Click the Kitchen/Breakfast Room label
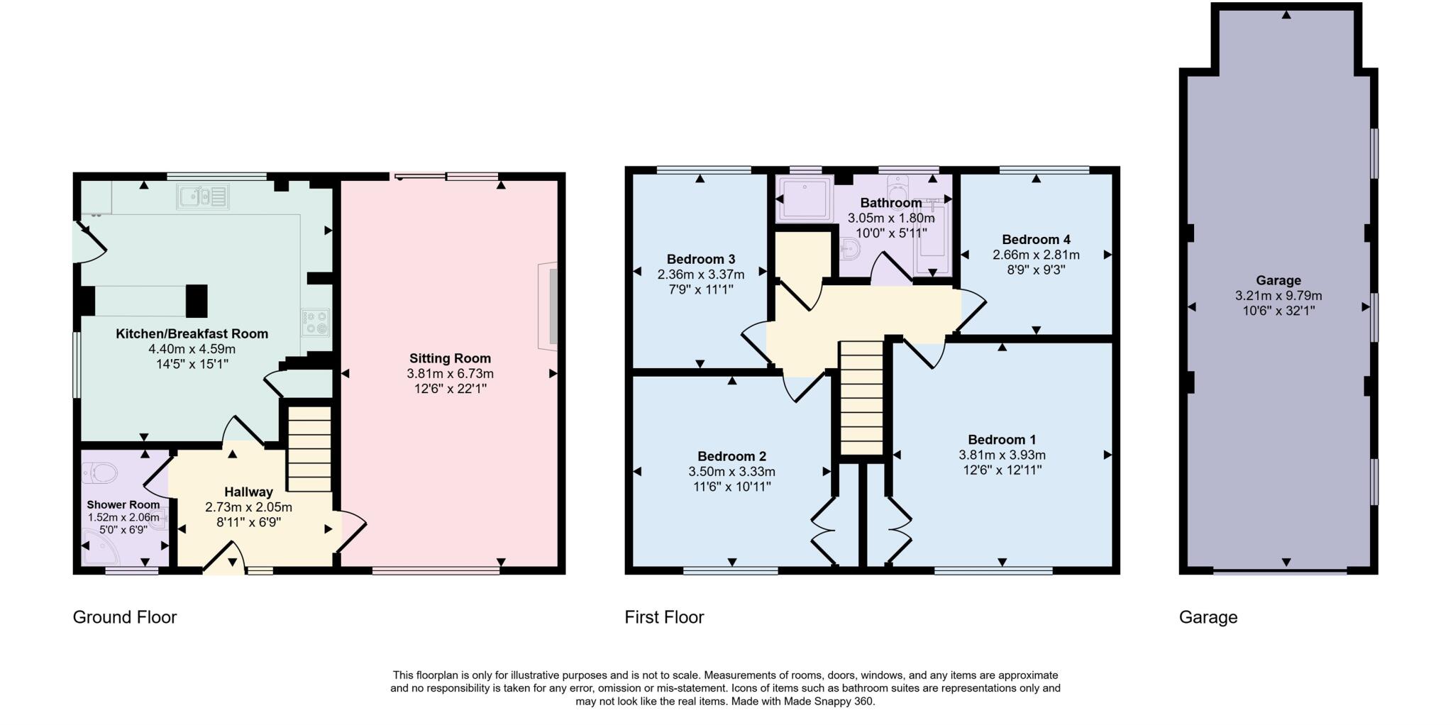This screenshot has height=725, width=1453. tap(192, 334)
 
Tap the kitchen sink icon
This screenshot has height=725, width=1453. tap(203, 197)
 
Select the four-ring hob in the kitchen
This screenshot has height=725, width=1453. tap(316, 322)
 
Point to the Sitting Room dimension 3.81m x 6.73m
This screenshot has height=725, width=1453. tap(450, 374)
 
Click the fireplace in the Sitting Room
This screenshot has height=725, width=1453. tap(548, 306)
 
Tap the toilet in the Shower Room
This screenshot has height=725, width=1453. tap(99, 472)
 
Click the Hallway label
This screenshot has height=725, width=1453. tap(248, 492)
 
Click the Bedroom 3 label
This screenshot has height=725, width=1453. tap(701, 259)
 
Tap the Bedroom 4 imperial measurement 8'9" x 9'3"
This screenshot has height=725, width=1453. tap(1036, 270)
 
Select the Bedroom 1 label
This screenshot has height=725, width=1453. tap(1002, 440)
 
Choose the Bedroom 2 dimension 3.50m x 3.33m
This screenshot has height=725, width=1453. tap(731, 472)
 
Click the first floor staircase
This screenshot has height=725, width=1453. tap(861, 398)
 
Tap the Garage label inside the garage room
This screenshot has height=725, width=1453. tap(1278, 280)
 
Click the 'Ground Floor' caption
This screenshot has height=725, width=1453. tap(125, 617)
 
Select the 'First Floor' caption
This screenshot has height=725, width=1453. tap(664, 617)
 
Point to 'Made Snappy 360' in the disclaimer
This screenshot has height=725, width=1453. tap(834, 702)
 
